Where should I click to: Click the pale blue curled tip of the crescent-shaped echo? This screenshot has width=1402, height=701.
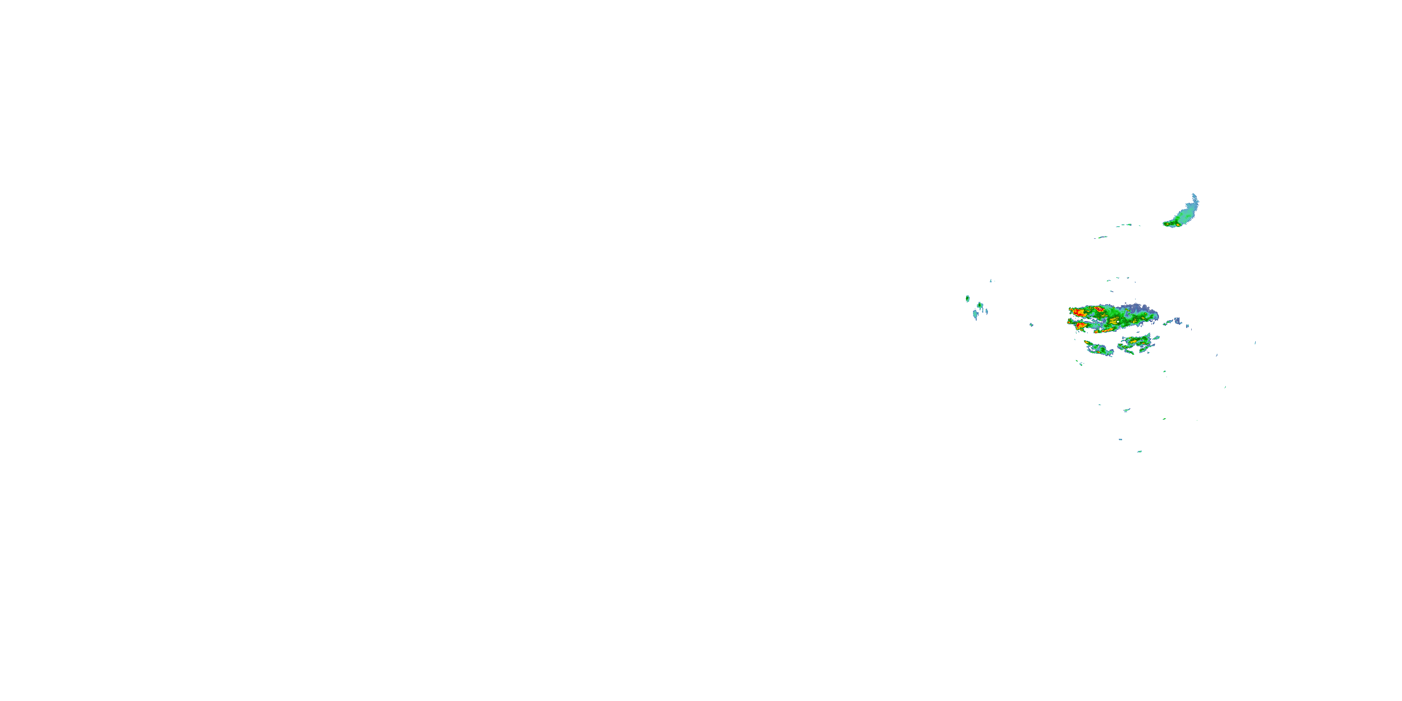pos(1195,197)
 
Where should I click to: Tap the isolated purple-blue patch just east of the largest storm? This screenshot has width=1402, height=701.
pos(1177,321)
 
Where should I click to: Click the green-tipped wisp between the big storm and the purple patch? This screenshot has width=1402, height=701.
pos(1166,323)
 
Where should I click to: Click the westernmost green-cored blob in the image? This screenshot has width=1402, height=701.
pos(968,299)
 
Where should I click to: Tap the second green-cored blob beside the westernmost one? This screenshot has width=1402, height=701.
pos(980,305)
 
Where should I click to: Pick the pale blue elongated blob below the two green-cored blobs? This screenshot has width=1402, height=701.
pos(976,314)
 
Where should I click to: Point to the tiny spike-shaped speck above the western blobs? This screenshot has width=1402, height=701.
pos(991,280)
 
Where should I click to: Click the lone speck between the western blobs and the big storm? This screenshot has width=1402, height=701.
pos(1031,325)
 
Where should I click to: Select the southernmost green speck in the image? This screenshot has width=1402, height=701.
pos(1139,451)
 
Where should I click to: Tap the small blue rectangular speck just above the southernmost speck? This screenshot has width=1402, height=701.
pos(1121,439)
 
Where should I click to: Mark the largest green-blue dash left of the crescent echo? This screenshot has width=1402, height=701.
pos(1124,225)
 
